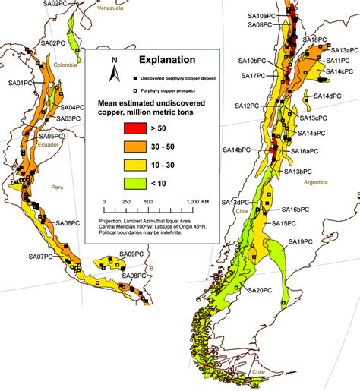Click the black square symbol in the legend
[134, 78]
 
